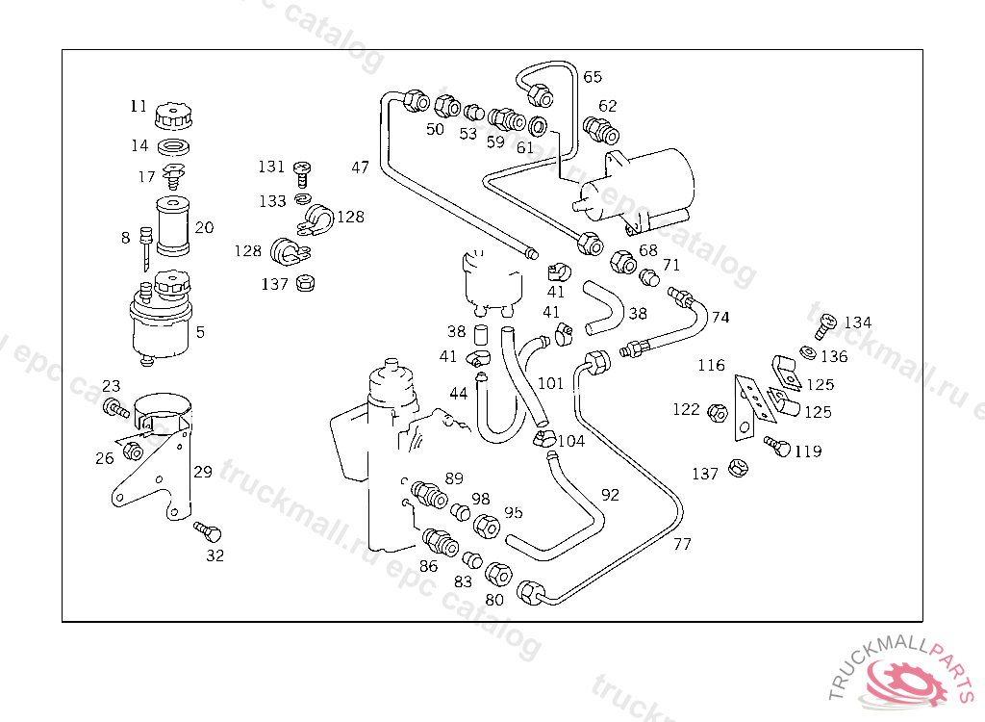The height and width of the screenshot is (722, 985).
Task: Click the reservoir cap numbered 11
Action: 173,116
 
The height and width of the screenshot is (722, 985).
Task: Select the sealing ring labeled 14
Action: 173,148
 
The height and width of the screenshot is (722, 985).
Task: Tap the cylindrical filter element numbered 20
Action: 173,226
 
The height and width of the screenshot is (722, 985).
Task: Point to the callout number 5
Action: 200,332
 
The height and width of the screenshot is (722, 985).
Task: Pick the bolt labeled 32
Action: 208,531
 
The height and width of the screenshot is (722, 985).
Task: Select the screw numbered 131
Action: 302,173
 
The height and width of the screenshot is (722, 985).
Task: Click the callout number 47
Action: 361,168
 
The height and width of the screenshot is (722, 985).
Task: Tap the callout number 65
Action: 593,77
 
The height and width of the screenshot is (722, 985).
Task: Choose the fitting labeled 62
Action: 601,130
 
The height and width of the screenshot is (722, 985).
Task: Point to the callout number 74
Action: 720,317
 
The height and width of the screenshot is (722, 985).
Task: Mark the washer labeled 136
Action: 808,353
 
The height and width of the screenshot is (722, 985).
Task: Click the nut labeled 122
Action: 718,413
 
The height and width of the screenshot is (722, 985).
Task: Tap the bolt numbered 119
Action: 777,446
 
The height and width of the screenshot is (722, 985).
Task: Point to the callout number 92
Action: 610,495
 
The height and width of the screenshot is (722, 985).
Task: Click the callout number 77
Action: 682,544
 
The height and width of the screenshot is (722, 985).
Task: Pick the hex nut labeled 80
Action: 499,574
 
